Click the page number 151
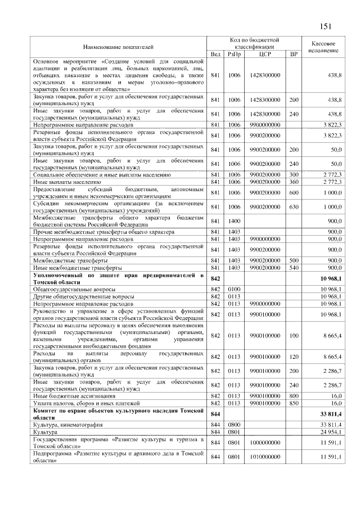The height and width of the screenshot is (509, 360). (327, 26)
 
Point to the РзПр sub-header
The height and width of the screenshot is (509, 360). (233, 54)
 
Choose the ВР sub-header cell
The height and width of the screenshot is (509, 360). (293, 54)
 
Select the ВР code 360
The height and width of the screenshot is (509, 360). (293, 182)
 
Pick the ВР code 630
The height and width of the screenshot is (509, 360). (293, 208)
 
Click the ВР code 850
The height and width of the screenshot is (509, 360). (293, 403)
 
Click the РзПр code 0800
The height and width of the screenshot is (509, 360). (233, 424)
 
